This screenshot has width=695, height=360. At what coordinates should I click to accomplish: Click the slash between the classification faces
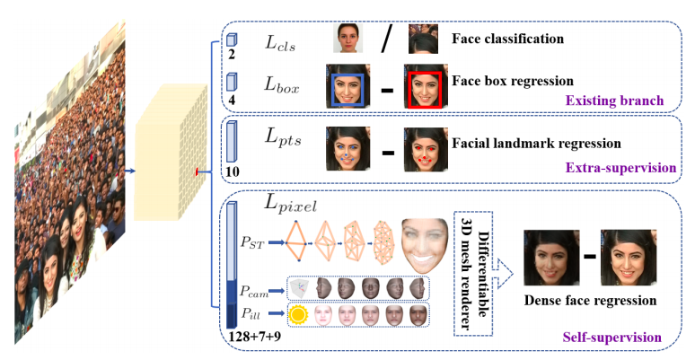tap(386, 40)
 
